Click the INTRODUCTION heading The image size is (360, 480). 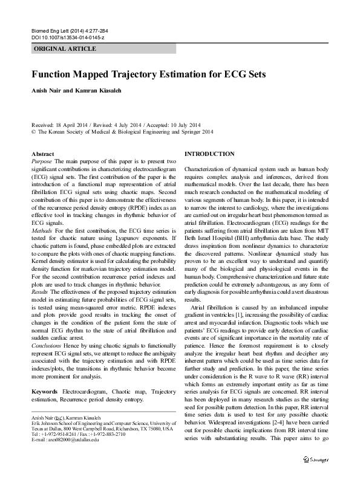[209, 154]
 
